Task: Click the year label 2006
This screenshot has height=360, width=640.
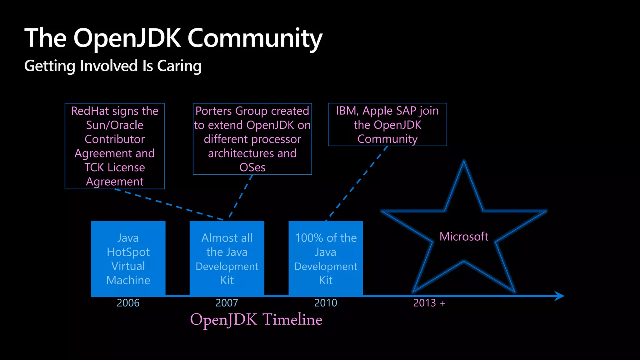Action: tap(128, 303)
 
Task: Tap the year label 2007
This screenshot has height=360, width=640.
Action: tap(227, 303)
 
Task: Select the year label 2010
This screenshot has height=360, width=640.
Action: tap(326, 303)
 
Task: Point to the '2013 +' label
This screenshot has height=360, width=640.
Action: tap(429, 303)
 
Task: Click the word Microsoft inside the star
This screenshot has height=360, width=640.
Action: tap(464, 237)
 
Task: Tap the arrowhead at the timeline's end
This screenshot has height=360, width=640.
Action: tap(559, 296)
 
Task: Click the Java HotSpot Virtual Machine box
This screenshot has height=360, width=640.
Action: tap(128, 259)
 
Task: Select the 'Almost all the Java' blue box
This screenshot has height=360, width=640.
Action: tap(227, 259)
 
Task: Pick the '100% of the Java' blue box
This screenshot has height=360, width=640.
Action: tap(326, 259)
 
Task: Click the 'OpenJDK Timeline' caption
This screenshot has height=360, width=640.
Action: tap(256, 320)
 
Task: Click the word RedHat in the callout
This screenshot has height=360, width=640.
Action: tap(90, 111)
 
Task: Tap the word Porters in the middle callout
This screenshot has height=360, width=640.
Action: tap(214, 111)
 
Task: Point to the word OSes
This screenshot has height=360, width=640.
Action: tap(252, 168)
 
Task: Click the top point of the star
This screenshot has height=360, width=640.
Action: tap(464, 162)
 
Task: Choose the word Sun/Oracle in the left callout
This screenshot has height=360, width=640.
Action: tap(115, 125)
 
